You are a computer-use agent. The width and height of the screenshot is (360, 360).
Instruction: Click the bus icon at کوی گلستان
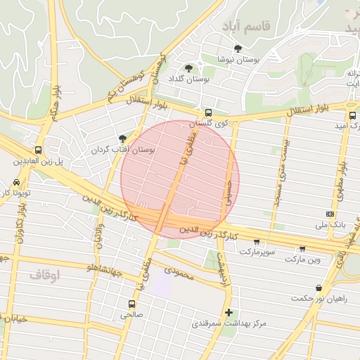click(207, 112)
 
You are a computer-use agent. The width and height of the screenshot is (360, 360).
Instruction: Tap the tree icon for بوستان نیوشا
click(238, 49)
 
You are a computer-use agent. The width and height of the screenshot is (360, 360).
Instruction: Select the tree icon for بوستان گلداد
click(188, 68)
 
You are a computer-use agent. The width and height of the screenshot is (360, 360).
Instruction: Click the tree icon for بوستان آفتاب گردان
click(124, 139)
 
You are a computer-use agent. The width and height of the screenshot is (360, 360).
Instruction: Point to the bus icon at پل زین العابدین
click(37, 150)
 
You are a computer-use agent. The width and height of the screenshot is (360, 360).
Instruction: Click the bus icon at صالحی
click(131, 304)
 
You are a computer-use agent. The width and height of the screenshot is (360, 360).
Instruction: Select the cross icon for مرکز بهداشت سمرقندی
click(228, 312)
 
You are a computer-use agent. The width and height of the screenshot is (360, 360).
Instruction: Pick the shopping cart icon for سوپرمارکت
click(257, 241)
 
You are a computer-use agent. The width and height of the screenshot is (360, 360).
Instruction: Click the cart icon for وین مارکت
click(302, 248)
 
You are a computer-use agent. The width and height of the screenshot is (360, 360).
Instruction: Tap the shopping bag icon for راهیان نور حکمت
click(319, 288)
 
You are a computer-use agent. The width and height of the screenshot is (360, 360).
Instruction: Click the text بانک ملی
click(329, 226)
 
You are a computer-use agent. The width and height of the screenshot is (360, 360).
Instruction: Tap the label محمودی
click(178, 269)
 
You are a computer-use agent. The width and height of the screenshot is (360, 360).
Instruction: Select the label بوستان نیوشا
click(238, 60)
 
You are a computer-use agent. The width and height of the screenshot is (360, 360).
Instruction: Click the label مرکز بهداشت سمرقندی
click(230, 324)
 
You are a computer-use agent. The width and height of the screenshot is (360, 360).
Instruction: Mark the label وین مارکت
click(303, 259)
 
